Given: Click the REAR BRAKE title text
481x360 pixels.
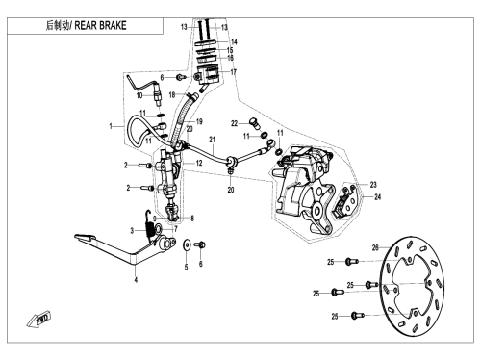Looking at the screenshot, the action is [x=100, y=26].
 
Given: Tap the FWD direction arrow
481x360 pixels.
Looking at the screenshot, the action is [x=39, y=320].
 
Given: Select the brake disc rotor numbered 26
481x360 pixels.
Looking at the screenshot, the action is [x=412, y=287].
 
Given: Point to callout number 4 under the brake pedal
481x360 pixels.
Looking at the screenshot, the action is [x=136, y=280].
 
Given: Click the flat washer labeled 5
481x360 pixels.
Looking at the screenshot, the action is [x=187, y=245].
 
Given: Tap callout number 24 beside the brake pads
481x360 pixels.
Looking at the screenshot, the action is [x=378, y=197].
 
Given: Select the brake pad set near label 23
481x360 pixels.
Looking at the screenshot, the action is [x=344, y=202].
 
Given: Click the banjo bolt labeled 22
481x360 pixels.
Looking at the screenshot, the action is [x=255, y=123].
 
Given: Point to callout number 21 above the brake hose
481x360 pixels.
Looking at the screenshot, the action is [x=212, y=140].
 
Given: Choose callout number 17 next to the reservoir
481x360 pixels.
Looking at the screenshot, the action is [x=233, y=72].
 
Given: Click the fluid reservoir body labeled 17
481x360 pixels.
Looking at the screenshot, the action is [x=208, y=75].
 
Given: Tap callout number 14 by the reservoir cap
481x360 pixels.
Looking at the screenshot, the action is [x=234, y=42].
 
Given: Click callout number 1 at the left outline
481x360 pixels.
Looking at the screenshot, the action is [x=111, y=126].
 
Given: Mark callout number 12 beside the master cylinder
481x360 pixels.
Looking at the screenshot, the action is [x=199, y=163].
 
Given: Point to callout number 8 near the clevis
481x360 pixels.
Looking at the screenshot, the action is [x=192, y=219].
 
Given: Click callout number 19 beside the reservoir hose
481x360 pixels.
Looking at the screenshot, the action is [x=199, y=121].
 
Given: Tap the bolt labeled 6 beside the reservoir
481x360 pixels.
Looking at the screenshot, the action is [x=181, y=77].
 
